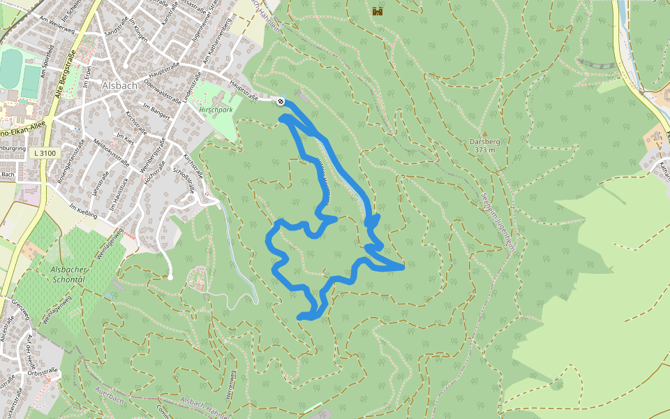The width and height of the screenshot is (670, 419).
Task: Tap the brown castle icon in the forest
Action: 378,11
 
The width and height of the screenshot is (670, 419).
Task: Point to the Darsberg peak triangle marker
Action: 484,133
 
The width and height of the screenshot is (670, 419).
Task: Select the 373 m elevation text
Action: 484,149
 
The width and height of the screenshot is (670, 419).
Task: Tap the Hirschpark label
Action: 215,110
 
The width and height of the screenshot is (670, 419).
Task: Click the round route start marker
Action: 281,102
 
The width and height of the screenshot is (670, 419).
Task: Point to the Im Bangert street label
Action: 156,111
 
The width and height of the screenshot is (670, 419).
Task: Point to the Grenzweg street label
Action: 20,311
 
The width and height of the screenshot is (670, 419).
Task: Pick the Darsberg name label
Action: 484,141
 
